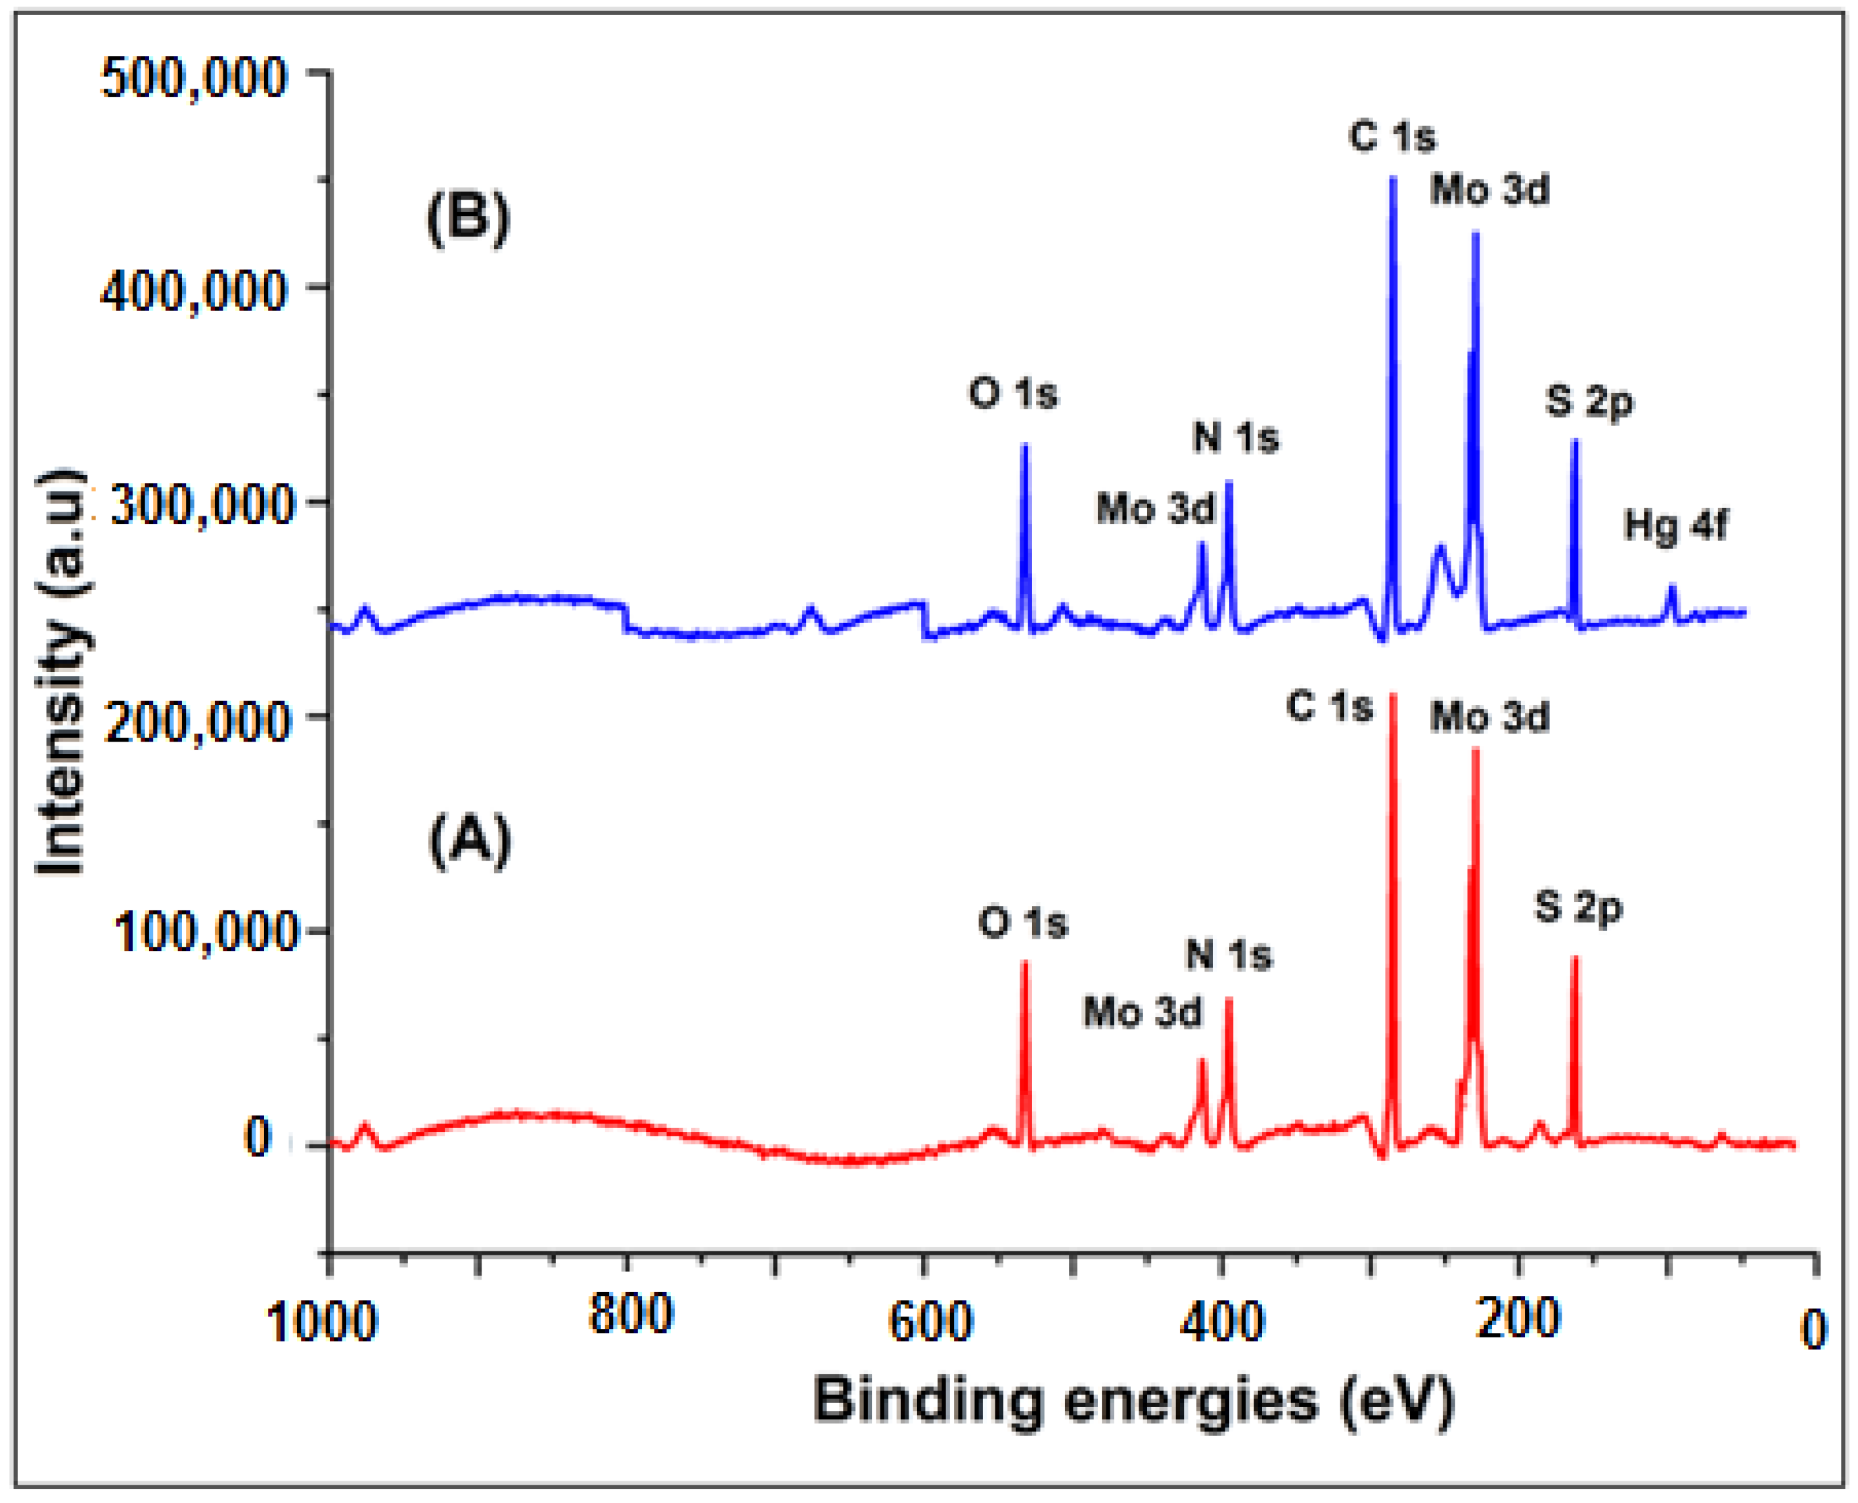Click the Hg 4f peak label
[x=1675, y=526]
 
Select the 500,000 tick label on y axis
[x=193, y=78]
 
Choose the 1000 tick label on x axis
[x=322, y=1323]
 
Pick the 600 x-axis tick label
[x=930, y=1323]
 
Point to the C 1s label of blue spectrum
[x=1392, y=137]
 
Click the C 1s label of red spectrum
[x=1330, y=706]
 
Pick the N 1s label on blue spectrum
[x=1236, y=437]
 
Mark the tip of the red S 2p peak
[x=1575, y=958]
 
